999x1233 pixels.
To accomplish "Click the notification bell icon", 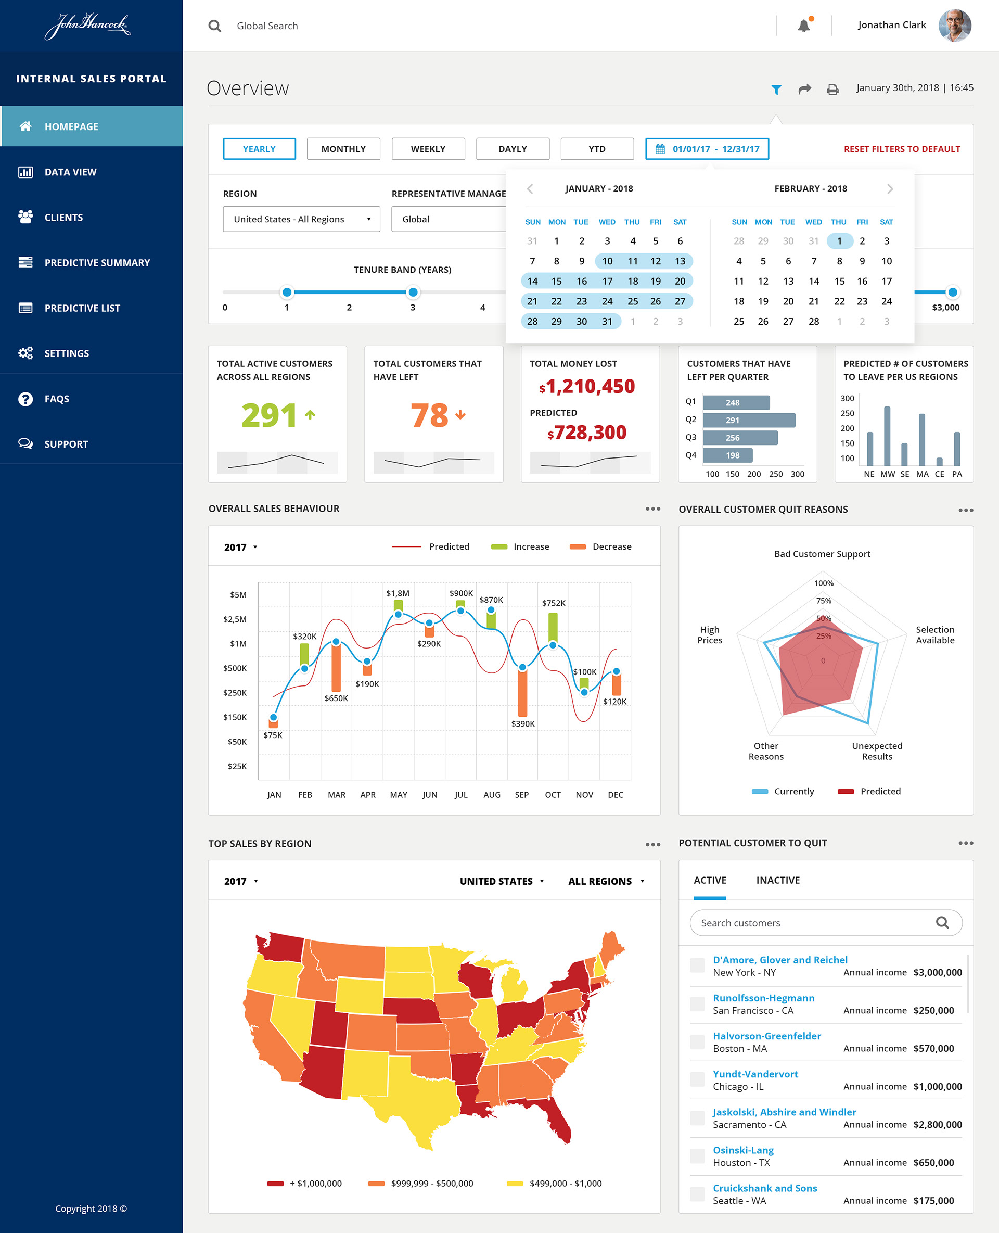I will (804, 26).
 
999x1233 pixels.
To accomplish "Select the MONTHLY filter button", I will (343, 149).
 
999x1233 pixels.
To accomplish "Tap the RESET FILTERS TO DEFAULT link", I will (901, 149).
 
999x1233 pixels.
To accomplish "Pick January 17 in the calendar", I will (607, 282).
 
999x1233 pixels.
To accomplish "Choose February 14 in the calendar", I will (813, 282).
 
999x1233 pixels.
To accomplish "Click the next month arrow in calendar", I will (890, 189).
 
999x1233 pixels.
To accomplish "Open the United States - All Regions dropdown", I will (302, 219).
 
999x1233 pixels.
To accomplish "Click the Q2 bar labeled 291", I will (749, 420).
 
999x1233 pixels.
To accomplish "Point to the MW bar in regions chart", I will (887, 436).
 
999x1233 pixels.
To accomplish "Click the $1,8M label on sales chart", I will (398, 593).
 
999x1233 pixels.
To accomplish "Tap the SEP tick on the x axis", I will (522, 795).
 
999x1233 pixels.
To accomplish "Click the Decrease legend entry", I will (600, 547).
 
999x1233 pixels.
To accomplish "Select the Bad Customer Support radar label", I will (822, 554).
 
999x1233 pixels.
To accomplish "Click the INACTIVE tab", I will (777, 880).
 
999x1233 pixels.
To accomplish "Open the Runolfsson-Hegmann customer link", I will (764, 998).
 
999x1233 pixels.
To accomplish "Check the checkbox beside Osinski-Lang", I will (697, 1156).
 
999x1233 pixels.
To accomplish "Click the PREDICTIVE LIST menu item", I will (82, 309).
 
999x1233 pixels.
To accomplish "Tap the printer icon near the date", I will (832, 89).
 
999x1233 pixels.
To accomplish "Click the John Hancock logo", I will (88, 26).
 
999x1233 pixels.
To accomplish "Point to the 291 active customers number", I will (268, 416).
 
